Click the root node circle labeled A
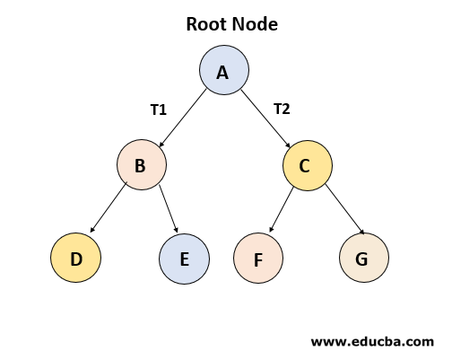coord(223,71)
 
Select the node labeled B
coord(142,165)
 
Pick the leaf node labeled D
coord(76,259)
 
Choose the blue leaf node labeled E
coord(184,259)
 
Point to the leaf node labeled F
coord(258,259)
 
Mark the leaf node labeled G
coord(364,259)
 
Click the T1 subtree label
coord(159,110)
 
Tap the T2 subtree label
coord(282,109)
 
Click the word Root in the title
coord(205,24)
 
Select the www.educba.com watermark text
coord(372,342)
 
